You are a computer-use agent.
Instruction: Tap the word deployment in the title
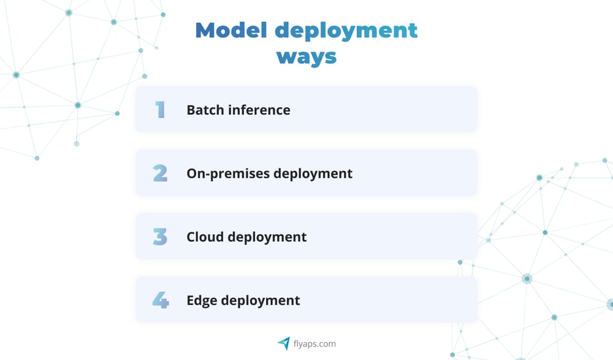346,31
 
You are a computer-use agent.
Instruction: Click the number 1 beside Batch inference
161,109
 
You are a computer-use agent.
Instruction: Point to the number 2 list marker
160,173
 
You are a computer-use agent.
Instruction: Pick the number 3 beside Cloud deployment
160,236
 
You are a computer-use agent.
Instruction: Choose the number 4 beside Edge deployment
160,300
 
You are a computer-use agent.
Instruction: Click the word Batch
204,110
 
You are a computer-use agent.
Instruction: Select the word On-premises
228,174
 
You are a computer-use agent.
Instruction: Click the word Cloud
204,237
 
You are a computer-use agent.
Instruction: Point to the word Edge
202,301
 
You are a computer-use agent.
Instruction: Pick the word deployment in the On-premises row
313,174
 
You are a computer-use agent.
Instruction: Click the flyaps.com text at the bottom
314,344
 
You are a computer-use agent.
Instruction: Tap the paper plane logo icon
283,343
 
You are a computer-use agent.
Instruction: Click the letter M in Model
207,30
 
